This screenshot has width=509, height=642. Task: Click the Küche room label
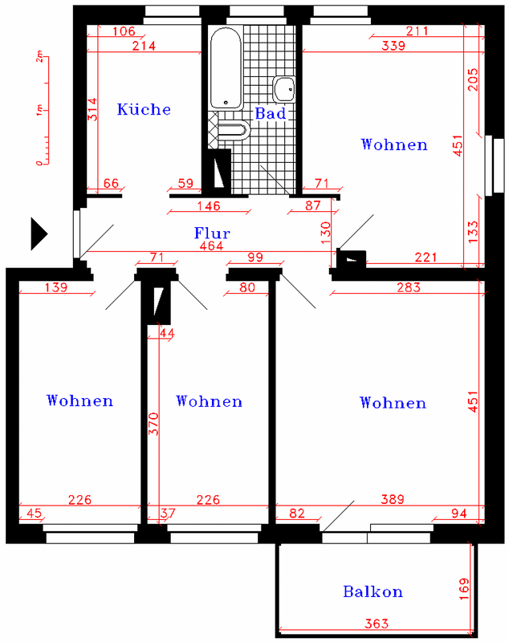[x=144, y=109]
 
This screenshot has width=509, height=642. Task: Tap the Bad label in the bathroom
[x=271, y=113]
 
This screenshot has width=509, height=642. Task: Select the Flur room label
[x=212, y=233]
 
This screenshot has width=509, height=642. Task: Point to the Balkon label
[x=373, y=591]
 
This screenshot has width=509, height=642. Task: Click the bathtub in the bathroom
[x=226, y=68]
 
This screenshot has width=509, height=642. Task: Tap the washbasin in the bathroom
[x=283, y=89]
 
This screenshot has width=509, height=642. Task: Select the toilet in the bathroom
[x=233, y=130]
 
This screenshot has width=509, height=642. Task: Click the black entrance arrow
[x=39, y=234]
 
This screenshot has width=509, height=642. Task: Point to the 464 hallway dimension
[x=211, y=246]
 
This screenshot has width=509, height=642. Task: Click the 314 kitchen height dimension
[x=93, y=109]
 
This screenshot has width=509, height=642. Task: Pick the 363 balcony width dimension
[x=376, y=624]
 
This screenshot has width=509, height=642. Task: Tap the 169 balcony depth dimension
[x=463, y=589]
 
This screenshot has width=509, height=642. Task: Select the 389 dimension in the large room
[x=393, y=499]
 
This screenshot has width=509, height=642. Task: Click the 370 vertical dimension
[x=153, y=424]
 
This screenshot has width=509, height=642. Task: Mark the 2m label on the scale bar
[x=39, y=56]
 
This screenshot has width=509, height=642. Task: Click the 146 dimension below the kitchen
[x=209, y=205]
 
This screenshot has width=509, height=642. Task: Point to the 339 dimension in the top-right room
[x=393, y=46]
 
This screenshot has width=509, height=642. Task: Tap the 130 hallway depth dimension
[x=325, y=233]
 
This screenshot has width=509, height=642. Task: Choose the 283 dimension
[x=409, y=287]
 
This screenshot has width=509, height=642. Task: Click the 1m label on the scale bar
[x=39, y=110]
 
